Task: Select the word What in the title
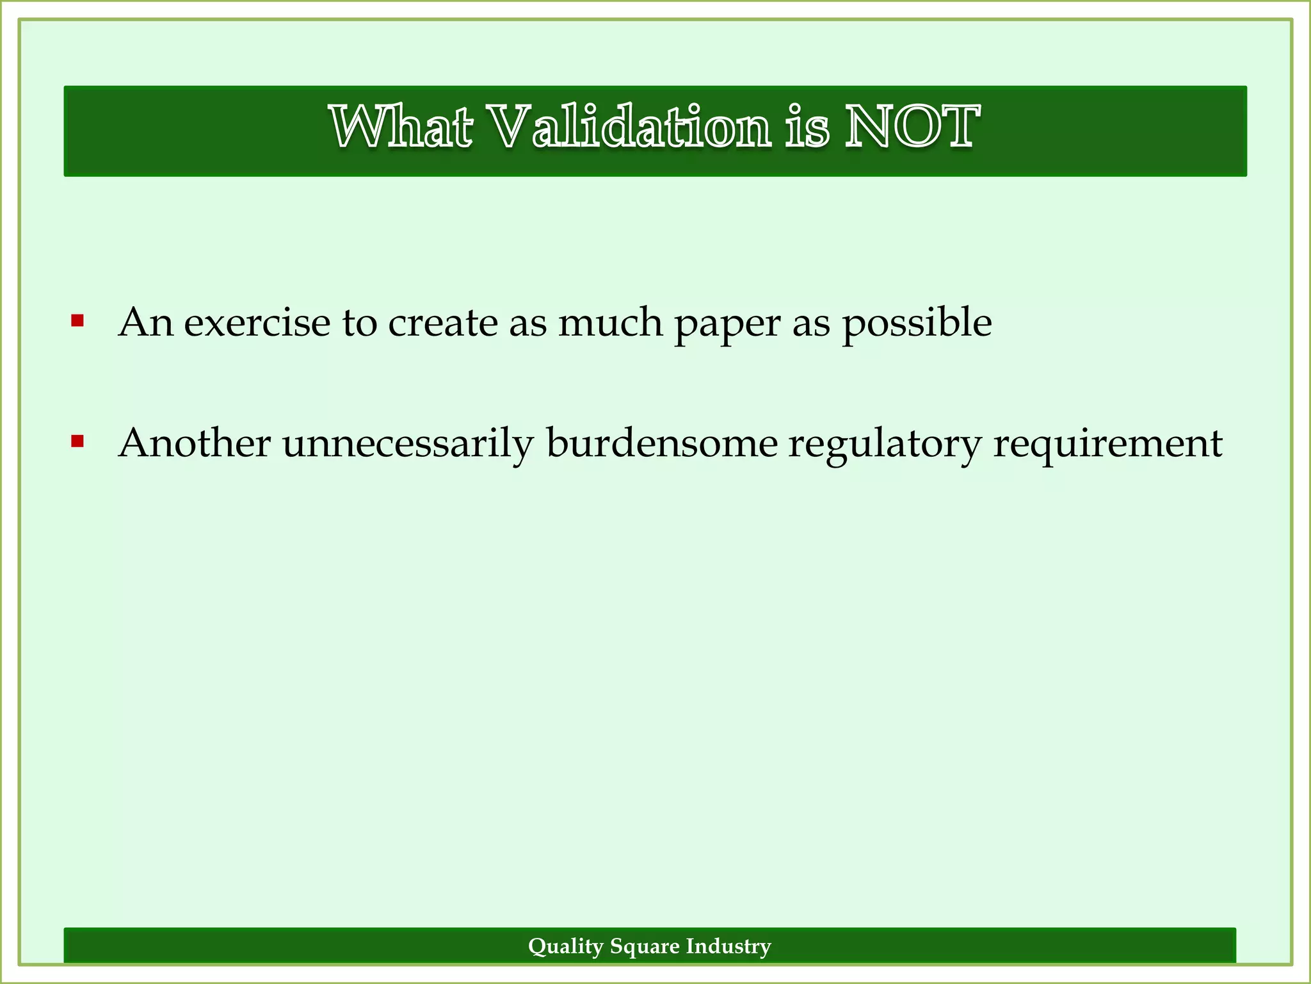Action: pyautogui.click(x=401, y=128)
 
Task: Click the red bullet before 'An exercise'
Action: pyautogui.click(x=77, y=320)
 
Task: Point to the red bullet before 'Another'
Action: pyautogui.click(x=77, y=441)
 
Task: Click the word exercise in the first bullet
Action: pyautogui.click(x=257, y=322)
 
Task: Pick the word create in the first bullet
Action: pyautogui.click(x=443, y=322)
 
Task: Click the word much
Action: pyautogui.click(x=610, y=322)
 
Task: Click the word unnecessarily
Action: pyautogui.click(x=408, y=444)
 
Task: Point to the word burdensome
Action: pyautogui.click(x=661, y=443)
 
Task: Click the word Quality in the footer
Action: pyautogui.click(x=566, y=947)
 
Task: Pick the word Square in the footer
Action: pyautogui.click(x=645, y=947)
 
